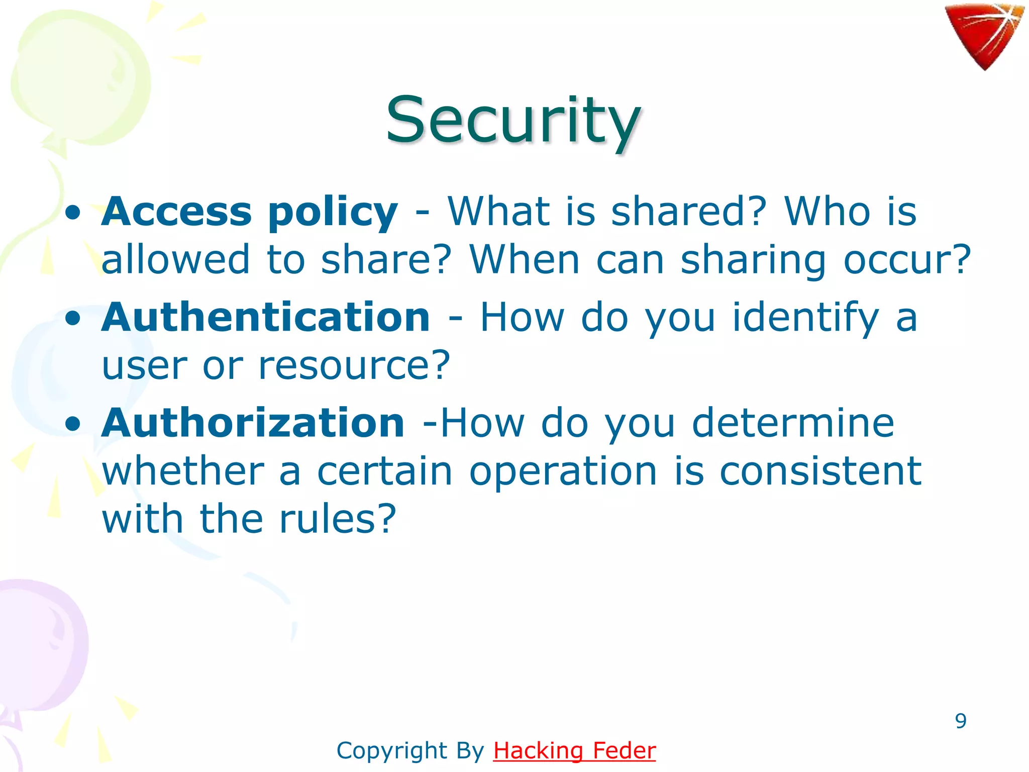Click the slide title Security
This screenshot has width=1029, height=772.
pos(512,121)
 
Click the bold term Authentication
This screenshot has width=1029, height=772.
pos(265,318)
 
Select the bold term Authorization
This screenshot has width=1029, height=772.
pos(253,423)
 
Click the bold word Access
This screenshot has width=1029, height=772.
pos(176,212)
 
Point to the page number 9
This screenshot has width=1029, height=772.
pos(961,721)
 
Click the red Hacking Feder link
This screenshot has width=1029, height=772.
pos(574,750)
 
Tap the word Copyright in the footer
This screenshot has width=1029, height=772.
pos(392,750)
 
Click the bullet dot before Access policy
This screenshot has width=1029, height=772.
pos(73,213)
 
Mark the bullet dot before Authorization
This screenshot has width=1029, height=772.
pos(73,424)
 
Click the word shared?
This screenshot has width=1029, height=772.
pos(689,212)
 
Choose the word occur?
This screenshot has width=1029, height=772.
pos(907,260)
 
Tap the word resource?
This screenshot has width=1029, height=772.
pos(354,365)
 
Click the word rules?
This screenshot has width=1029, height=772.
pos(338,519)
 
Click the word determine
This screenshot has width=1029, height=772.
pos(793,423)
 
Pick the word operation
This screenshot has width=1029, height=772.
pos(563,472)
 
